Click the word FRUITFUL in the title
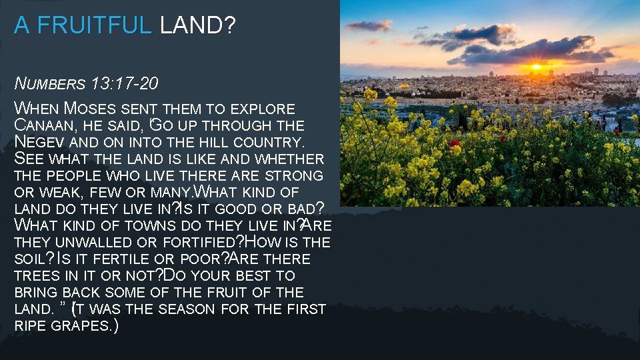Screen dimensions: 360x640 point(95,25)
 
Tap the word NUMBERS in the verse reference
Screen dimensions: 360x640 point(51,84)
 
